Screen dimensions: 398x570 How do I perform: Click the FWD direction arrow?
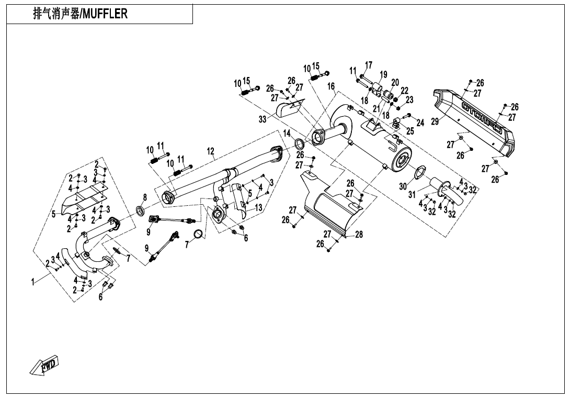coord(44,364)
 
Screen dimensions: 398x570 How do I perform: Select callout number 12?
coord(210,151)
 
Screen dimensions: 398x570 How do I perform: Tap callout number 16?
coord(331,86)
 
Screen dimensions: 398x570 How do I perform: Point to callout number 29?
coord(435,121)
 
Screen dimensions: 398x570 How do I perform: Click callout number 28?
coord(359,235)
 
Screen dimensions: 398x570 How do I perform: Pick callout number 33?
coord(263,119)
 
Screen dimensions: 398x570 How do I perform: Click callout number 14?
coord(287,134)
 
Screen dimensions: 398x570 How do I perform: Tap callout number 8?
coord(145,196)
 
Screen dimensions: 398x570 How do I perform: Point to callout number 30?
coord(403,186)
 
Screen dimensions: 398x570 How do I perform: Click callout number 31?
coord(412,194)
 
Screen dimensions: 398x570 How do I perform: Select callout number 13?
coord(258,208)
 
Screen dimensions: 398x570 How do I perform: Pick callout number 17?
coord(369,65)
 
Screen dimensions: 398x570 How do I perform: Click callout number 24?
coord(420,123)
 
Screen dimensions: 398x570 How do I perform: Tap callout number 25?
coord(410,131)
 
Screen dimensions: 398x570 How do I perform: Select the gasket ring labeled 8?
coord(141,211)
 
